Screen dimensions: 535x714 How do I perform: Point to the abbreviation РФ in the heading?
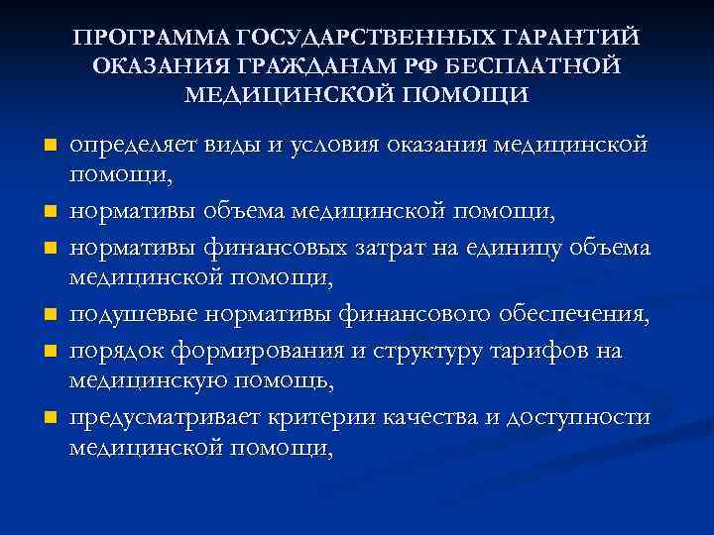click(414, 66)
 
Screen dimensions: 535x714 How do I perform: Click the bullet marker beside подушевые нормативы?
click(49, 317)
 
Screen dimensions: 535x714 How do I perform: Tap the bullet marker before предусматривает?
click(49, 419)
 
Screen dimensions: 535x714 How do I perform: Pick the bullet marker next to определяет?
click(49, 146)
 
